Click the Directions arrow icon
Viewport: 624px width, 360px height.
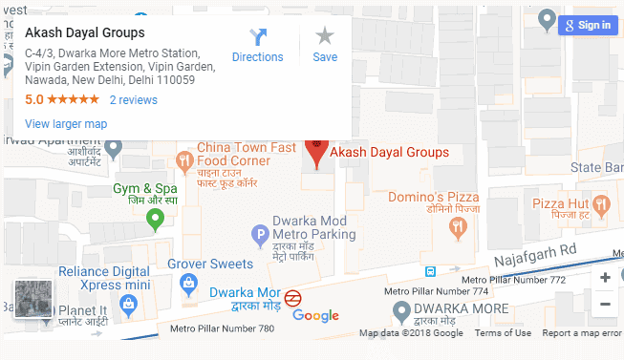257,37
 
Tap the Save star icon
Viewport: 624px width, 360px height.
325,36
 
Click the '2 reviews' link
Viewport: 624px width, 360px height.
133,99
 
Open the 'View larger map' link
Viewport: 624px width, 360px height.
66,124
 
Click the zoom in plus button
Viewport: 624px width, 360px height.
605,277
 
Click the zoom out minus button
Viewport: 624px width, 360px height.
605,305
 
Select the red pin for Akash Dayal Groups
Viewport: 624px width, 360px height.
316,151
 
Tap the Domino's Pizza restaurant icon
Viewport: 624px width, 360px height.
457,226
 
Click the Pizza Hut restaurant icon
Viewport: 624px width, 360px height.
601,203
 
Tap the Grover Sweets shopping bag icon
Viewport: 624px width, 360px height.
188,284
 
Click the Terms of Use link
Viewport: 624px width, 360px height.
503,333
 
